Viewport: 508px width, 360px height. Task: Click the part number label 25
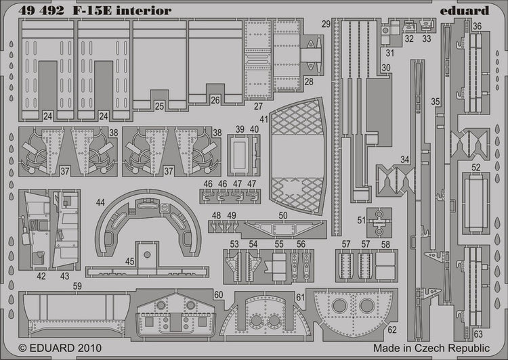coord(159,106)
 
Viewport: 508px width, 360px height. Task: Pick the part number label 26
coord(215,100)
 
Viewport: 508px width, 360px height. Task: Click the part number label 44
coord(100,202)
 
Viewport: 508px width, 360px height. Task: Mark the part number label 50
coord(282,215)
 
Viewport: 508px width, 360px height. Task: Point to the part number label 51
coord(362,220)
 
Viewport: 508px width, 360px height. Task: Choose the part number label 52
coord(476,167)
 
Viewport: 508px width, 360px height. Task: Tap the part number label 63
coord(478,334)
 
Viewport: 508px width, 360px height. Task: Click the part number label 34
coord(404,160)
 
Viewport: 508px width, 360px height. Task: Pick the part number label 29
coord(326,24)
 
